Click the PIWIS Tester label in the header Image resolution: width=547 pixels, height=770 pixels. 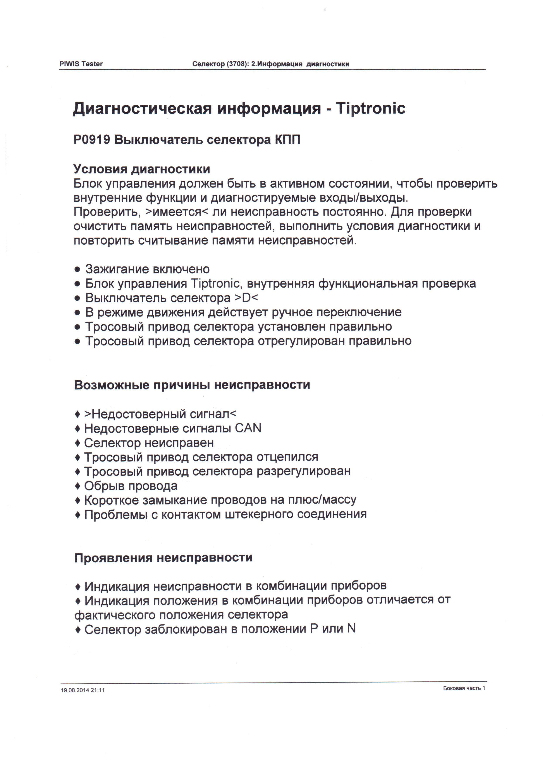click(81, 64)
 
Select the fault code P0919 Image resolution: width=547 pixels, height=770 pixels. click(92, 139)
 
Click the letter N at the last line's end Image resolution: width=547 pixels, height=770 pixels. click(351, 629)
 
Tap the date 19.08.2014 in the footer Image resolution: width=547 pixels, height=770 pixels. click(75, 690)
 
